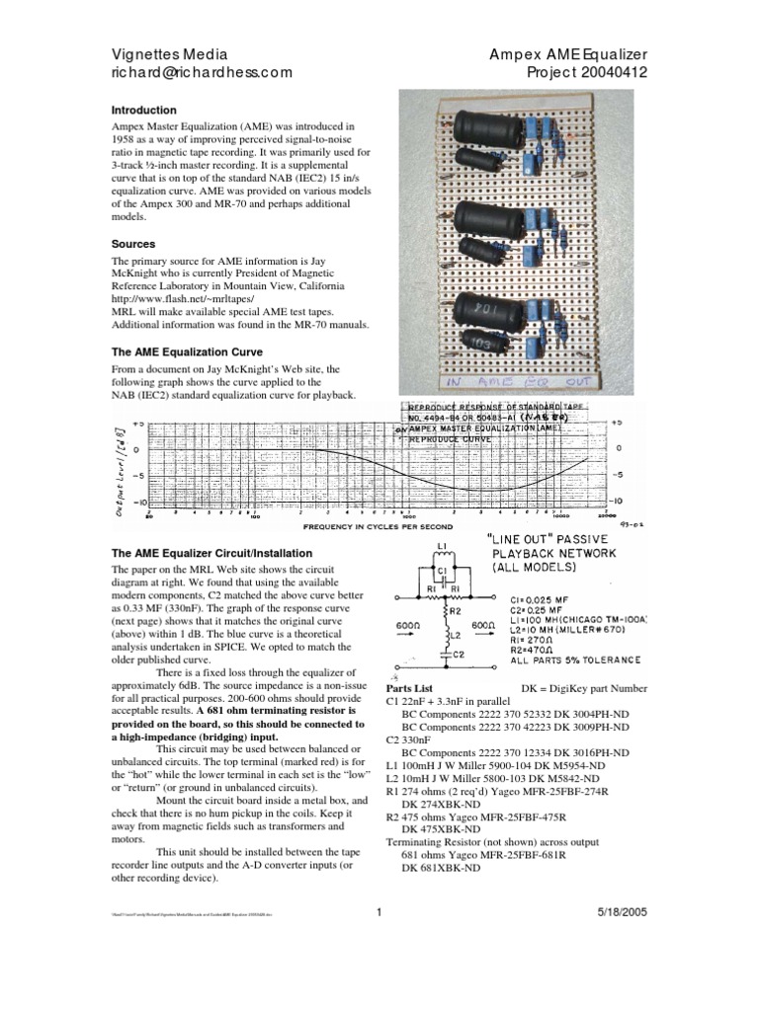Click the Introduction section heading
[x=143, y=111]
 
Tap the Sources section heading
[x=133, y=243]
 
